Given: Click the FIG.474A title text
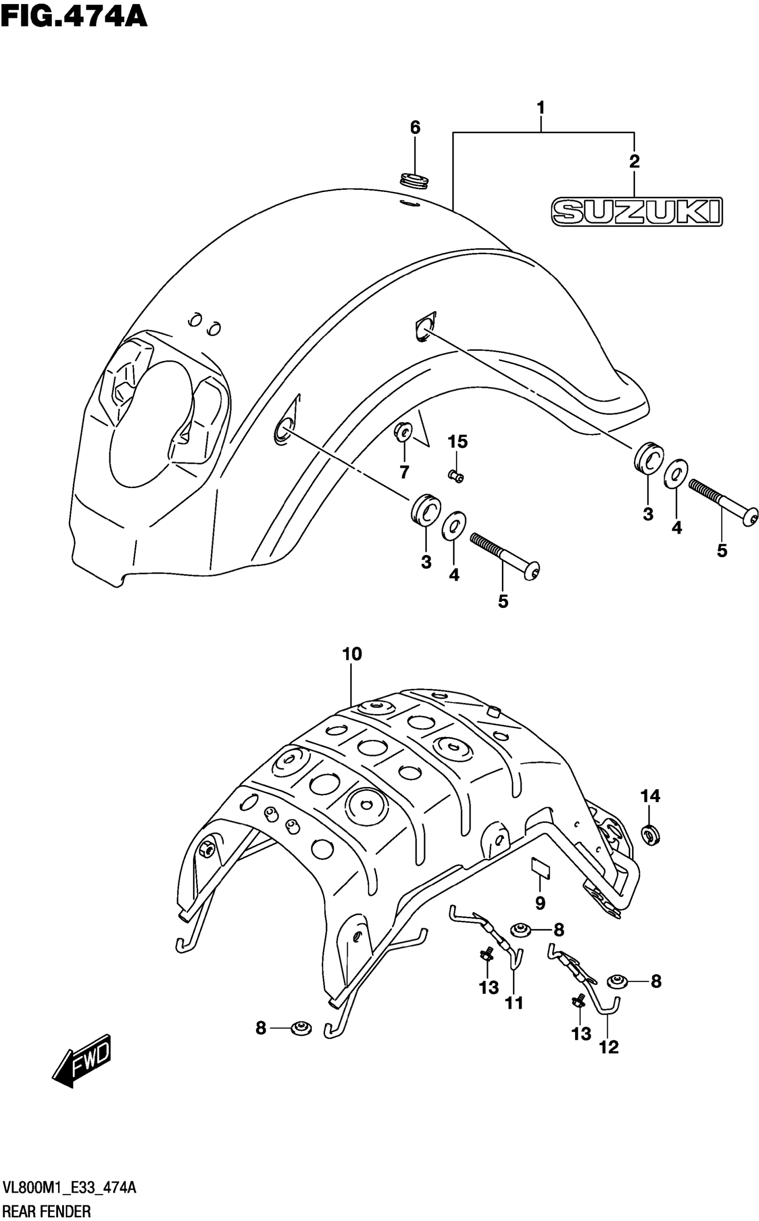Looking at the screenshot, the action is (x=74, y=16).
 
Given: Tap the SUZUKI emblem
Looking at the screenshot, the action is (x=637, y=211).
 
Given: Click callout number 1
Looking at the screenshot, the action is (x=541, y=108).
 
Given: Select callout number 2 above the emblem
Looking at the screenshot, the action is (x=634, y=162).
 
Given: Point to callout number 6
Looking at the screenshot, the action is (x=415, y=128).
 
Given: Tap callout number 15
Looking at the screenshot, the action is (x=457, y=442).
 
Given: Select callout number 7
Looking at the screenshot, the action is (x=404, y=472).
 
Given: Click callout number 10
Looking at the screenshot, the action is (x=352, y=654).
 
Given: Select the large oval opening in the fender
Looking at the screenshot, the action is (x=150, y=424).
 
